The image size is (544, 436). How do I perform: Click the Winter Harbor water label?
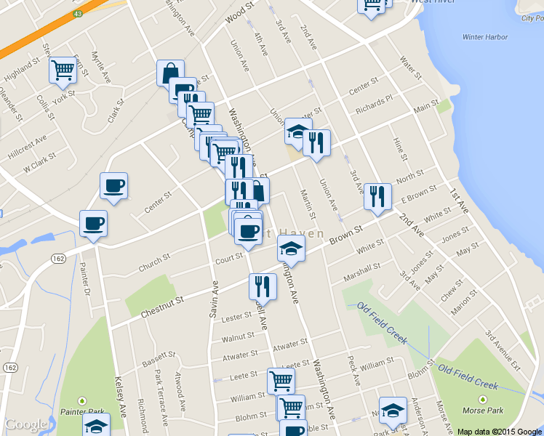(x=484, y=37)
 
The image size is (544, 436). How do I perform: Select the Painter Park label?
(x=81, y=411)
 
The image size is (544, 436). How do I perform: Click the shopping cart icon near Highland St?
(x=63, y=70)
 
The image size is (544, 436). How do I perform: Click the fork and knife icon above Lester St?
(x=263, y=286)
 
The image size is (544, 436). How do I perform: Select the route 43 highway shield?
(x=77, y=14)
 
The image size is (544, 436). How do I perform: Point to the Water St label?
(x=411, y=67)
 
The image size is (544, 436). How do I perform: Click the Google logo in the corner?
(x=27, y=424)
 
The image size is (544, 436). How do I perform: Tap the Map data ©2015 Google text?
(x=500, y=431)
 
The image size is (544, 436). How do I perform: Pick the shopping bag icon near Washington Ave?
(x=169, y=73)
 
